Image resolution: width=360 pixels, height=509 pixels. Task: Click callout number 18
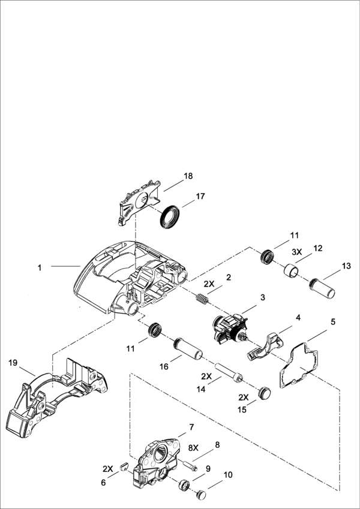[x=188, y=176]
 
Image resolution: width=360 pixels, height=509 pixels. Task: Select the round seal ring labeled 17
[x=172, y=215]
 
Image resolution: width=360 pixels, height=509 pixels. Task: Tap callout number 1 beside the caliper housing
[x=40, y=267]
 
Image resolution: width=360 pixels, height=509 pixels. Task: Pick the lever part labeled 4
[x=267, y=348]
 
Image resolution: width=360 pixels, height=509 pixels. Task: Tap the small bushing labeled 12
[x=291, y=271]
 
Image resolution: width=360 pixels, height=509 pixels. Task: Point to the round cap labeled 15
[x=263, y=392]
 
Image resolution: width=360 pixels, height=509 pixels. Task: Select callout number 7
[x=191, y=427]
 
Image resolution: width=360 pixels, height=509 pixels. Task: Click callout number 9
[x=208, y=468]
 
